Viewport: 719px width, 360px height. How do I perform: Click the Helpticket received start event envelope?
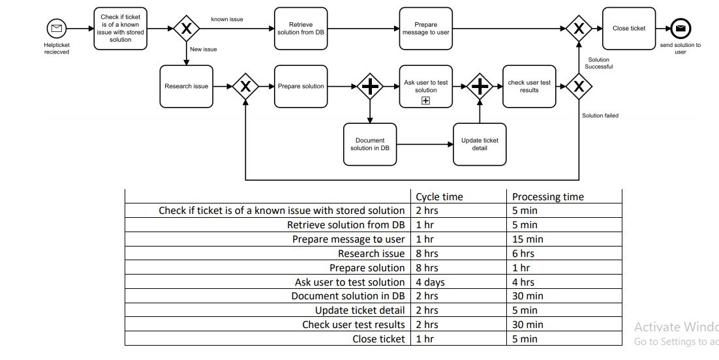[x=56, y=29]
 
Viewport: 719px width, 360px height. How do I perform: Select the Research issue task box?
[x=186, y=86]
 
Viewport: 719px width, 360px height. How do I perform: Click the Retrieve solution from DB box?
[x=301, y=29]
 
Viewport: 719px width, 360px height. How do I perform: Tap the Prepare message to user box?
[x=425, y=29]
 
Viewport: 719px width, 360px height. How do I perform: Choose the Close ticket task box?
[x=628, y=29]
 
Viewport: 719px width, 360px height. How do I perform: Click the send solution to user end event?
[x=680, y=29]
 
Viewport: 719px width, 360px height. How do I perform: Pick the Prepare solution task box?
[x=301, y=86]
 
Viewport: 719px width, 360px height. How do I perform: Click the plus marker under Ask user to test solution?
[x=425, y=100]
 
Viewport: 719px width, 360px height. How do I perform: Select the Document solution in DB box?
[x=370, y=144]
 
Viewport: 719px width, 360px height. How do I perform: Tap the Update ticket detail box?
[x=480, y=144]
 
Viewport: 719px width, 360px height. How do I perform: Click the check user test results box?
[x=529, y=86]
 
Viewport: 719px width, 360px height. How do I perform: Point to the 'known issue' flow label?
[x=227, y=20]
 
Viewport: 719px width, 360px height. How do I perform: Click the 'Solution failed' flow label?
[x=600, y=115]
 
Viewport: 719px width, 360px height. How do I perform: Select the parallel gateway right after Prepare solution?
[x=370, y=86]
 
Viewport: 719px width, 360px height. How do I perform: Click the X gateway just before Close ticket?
[x=578, y=29]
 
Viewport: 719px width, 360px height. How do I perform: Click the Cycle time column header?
[x=439, y=197]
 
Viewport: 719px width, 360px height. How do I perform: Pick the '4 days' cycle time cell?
[x=431, y=282]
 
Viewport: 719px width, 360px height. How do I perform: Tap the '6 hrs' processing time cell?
[x=523, y=254]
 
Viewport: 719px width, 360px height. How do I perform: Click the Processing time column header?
[x=547, y=197]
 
